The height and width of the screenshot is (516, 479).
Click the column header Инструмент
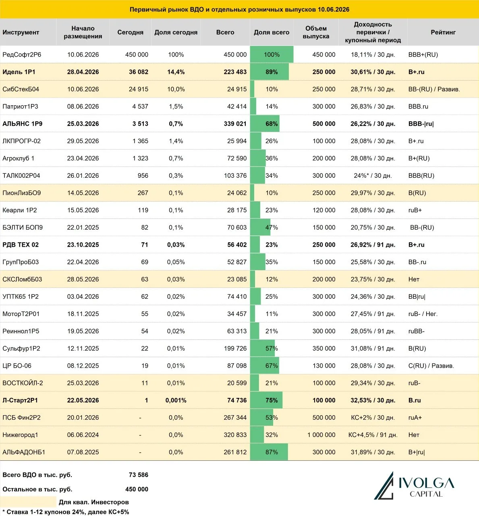21,32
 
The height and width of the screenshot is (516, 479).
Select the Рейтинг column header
443,32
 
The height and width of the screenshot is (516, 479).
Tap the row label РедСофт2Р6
22,54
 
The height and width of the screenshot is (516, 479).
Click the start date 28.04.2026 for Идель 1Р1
83,72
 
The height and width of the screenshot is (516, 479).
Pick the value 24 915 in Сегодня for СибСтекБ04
139,89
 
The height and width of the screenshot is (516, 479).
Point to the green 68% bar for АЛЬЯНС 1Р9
265,124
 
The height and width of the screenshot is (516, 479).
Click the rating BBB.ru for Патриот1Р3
418,106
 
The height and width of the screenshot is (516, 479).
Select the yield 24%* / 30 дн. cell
373,176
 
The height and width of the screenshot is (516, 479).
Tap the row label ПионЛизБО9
22,193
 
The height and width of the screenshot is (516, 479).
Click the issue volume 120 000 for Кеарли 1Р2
323,210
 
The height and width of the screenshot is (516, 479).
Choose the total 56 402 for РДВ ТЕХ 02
237,245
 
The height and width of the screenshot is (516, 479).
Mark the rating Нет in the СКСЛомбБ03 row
414,279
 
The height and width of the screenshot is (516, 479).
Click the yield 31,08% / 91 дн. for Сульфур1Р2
373,348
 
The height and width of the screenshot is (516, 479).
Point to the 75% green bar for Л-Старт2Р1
266,400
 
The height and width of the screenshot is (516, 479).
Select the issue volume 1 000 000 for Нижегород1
321,435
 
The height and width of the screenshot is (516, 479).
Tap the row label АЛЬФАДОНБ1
24,452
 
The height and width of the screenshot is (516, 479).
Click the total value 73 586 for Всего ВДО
139,475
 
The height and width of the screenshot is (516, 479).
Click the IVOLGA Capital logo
414,486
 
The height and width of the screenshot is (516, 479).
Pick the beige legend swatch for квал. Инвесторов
28,502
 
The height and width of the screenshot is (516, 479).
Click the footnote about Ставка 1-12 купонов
65,512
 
